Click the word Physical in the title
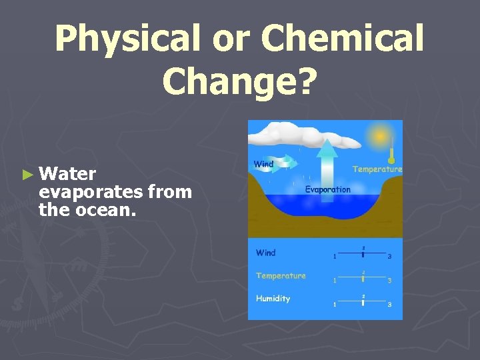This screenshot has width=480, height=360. (x=127, y=38)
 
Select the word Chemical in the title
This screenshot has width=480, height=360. (x=351, y=38)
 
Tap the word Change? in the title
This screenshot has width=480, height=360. (x=239, y=80)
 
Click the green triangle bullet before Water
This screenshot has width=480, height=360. (x=27, y=175)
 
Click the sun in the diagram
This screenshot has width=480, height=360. (x=381, y=137)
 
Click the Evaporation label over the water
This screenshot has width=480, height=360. (x=327, y=189)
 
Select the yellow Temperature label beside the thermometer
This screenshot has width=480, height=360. (x=377, y=169)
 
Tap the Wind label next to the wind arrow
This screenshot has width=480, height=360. (x=263, y=164)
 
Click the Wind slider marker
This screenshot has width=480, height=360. (x=363, y=254)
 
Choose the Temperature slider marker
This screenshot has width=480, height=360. (x=363, y=277)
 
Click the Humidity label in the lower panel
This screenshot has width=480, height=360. (x=273, y=299)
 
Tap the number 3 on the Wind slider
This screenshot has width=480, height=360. (x=389, y=257)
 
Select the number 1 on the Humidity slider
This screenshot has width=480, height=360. (x=335, y=305)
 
